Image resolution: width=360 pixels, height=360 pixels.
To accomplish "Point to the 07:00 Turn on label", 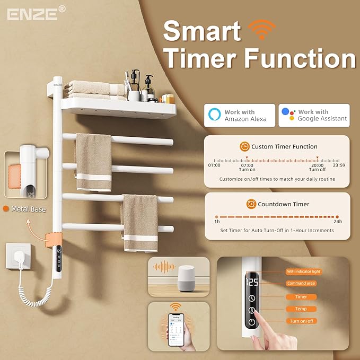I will [248, 167].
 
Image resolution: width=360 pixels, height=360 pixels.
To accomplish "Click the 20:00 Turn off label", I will [318, 167].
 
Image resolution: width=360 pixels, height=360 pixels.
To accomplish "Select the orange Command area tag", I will [301, 284].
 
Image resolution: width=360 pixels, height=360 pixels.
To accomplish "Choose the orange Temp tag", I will [301, 309].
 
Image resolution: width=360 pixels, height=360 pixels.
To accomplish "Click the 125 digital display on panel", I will [252, 282].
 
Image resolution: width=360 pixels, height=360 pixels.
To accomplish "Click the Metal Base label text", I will [28, 209].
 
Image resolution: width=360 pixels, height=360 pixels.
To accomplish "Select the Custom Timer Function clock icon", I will [244, 146].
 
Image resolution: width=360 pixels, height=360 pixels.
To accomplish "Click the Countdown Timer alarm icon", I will [251, 204].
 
